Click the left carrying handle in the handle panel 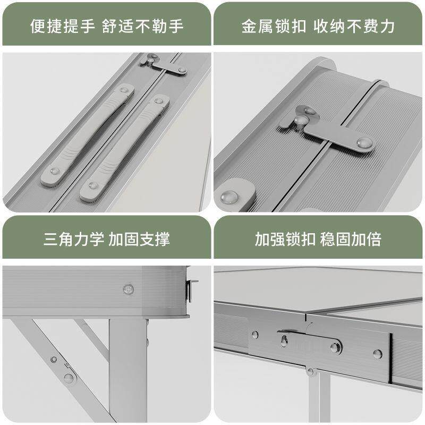coord(88,135)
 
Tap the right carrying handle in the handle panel coord(125,149)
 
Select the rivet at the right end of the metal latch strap coord(364,142)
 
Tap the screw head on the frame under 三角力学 coord(128,289)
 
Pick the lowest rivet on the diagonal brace coord(69,378)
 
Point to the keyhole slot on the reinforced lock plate coord(285,340)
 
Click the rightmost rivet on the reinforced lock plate coord(377,354)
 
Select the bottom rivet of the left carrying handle coord(54,172)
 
